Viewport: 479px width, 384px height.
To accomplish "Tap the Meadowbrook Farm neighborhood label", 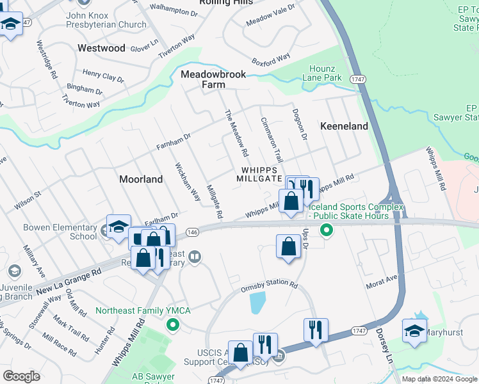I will click(x=213, y=79).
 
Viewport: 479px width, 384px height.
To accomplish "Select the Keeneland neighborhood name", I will click(x=344, y=126).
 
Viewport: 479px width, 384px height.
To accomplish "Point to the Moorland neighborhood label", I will click(x=141, y=179).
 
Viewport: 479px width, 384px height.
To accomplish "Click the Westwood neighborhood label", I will click(x=101, y=48).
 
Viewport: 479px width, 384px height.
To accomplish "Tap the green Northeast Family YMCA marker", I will click(x=172, y=324).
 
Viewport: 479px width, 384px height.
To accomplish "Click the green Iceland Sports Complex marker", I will click(x=327, y=229).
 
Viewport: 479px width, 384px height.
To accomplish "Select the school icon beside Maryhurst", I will click(x=415, y=331).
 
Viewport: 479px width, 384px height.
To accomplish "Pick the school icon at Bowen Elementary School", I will click(x=118, y=227).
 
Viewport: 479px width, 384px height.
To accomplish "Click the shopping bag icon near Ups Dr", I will click(x=288, y=246).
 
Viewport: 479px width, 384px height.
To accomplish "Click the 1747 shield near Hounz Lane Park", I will click(x=357, y=78).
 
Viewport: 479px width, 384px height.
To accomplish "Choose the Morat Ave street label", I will click(x=382, y=281).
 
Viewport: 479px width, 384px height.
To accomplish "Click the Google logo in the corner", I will click(x=21, y=376).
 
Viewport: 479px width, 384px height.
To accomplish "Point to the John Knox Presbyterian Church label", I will click(x=106, y=19).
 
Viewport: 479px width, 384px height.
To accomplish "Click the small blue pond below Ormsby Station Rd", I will click(x=257, y=302).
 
